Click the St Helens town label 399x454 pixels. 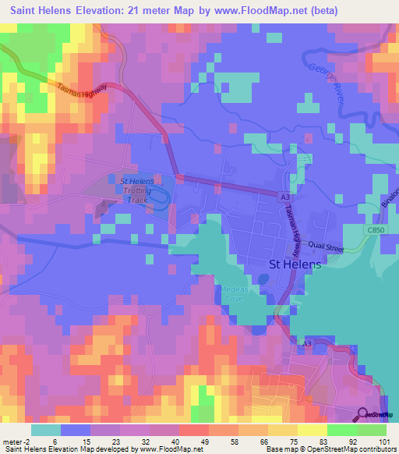click(x=295, y=264)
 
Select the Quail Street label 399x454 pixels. click(x=326, y=247)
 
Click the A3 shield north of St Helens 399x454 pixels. click(x=286, y=195)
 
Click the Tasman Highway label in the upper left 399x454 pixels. click(x=82, y=92)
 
